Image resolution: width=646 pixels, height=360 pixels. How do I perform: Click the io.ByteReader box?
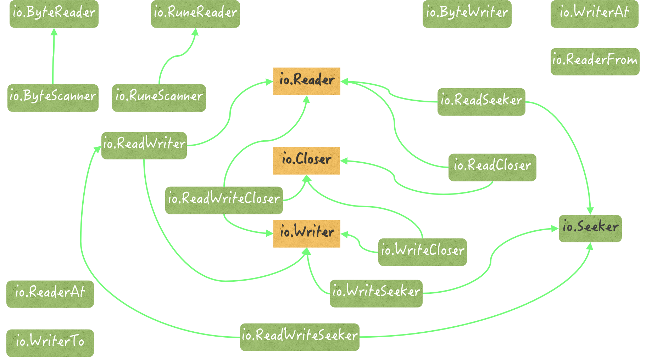(x=54, y=13)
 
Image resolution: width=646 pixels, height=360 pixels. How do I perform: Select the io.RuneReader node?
(x=195, y=13)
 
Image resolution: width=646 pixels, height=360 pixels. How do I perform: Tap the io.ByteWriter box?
(x=467, y=13)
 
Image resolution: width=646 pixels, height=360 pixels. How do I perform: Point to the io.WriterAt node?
(x=594, y=13)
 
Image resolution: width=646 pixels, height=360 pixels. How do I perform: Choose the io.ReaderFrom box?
(x=595, y=61)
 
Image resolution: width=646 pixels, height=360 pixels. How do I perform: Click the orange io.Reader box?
(x=307, y=81)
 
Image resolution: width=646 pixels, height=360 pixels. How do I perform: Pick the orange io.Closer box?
(x=306, y=161)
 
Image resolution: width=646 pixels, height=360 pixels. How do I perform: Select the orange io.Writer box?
(x=307, y=234)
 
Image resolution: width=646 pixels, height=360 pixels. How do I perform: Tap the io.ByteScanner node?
(x=53, y=98)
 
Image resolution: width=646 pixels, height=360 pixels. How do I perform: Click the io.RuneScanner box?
(x=159, y=98)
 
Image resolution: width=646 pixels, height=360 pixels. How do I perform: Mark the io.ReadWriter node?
(x=144, y=145)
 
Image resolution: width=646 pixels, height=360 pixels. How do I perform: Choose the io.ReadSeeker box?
(x=481, y=101)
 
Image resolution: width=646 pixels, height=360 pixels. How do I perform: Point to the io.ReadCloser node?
(x=492, y=167)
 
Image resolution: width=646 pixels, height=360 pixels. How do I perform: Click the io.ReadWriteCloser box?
(x=224, y=200)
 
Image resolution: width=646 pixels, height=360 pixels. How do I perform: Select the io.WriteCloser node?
(x=422, y=252)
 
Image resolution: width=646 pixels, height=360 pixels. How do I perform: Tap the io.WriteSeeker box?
(x=376, y=293)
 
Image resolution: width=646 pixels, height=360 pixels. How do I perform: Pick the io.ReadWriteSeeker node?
(x=300, y=337)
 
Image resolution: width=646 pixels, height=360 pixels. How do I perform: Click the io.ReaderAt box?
(x=50, y=294)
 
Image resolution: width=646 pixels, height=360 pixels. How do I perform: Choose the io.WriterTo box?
(x=50, y=343)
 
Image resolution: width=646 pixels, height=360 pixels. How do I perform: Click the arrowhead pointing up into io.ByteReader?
(x=54, y=32)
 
